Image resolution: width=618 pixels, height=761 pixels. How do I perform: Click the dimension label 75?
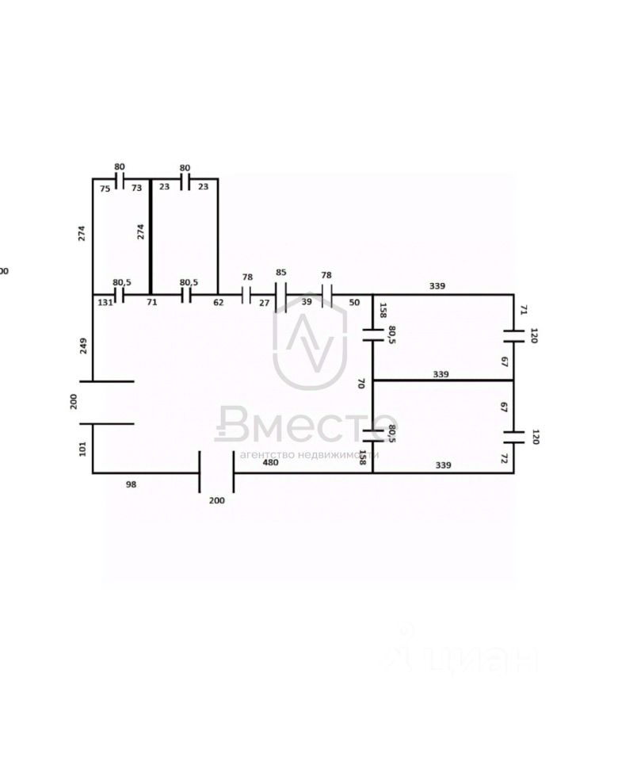tap(105, 189)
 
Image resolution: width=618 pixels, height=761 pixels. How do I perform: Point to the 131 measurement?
tap(105, 302)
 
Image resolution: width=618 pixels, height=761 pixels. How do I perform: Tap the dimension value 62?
tap(218, 302)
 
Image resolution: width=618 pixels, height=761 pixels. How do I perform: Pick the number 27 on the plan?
tap(264, 302)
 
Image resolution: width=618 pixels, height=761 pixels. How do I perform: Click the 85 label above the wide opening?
tap(280, 273)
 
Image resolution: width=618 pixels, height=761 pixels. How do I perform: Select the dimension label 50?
tap(353, 302)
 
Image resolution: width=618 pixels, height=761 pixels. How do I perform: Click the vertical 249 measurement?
tap(83, 346)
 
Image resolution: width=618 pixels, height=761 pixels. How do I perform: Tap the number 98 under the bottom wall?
tap(131, 483)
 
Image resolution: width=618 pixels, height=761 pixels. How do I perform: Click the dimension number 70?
tap(361, 384)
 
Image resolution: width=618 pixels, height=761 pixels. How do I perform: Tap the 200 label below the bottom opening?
tap(216, 500)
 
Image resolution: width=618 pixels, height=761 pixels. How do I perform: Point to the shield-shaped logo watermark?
tap(310, 341)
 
